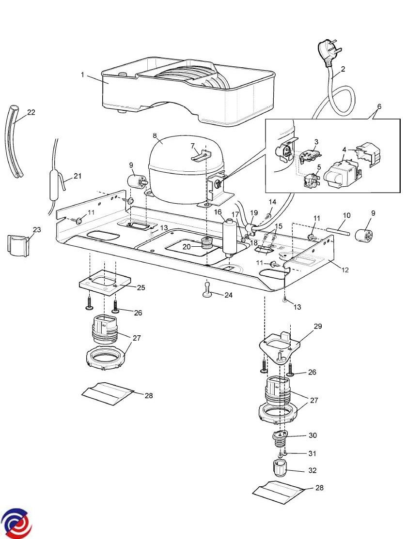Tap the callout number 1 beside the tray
click(x=82, y=75)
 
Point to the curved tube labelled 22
click(x=12, y=141)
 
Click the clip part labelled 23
click(x=18, y=245)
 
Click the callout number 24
click(x=228, y=295)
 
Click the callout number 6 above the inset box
click(x=379, y=106)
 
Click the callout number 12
click(x=345, y=270)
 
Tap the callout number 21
click(x=78, y=176)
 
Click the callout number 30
click(x=313, y=435)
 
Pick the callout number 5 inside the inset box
click(x=319, y=167)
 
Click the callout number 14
click(x=272, y=201)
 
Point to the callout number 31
click(x=312, y=453)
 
